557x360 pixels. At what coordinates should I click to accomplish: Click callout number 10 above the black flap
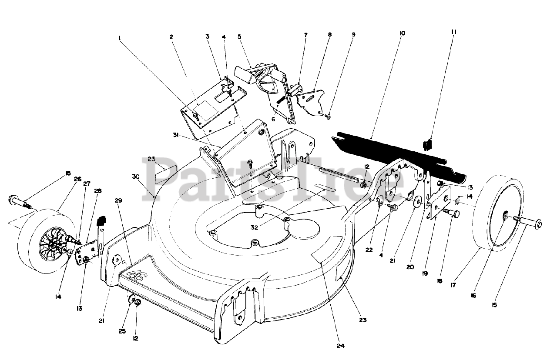tap(402, 33)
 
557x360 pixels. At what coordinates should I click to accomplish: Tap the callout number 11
tap(454, 32)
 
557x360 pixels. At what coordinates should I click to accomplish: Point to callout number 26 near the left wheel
tap(77, 178)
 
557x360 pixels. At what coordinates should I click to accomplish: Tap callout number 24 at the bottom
tap(340, 346)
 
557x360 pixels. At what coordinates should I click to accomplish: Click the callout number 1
tap(119, 37)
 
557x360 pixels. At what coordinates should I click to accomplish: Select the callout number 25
tap(122, 331)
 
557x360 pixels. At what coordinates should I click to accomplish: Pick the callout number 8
tap(330, 34)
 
